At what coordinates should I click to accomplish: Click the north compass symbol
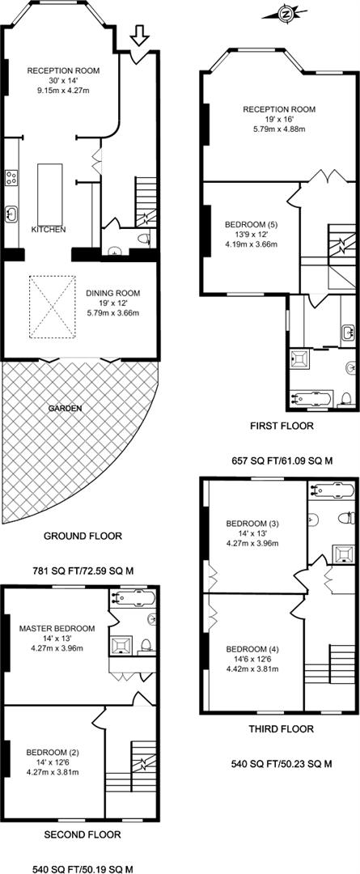(286, 14)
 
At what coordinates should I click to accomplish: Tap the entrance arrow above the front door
(139, 36)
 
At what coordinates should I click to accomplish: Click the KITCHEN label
(48, 230)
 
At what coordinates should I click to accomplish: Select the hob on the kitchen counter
(11, 178)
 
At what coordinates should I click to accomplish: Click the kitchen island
(46, 192)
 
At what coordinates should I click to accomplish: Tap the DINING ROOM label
(112, 293)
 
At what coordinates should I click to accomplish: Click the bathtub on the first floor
(312, 398)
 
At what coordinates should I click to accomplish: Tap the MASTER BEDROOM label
(57, 628)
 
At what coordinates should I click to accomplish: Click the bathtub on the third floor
(333, 490)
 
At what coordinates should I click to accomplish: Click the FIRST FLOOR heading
(282, 426)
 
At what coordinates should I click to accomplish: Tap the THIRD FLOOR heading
(281, 728)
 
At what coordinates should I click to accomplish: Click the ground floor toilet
(144, 240)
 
